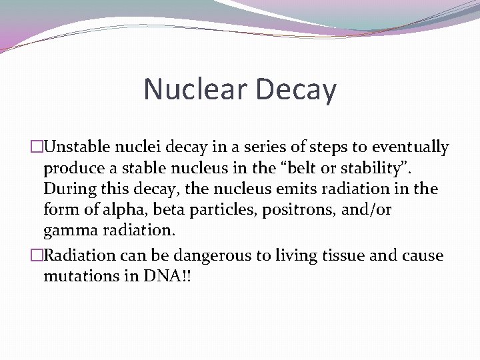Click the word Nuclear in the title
point(194,89)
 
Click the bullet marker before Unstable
point(37,147)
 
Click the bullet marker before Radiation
point(37,256)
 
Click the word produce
point(71,168)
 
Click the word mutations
point(82,277)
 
